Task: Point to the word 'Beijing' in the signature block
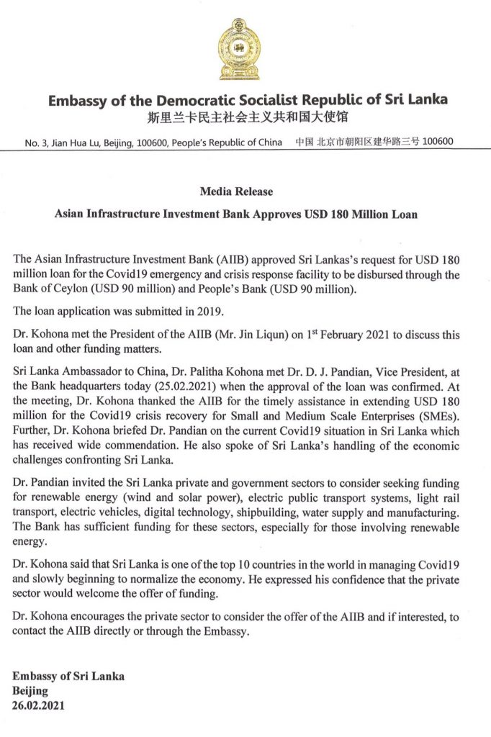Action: coord(30,690)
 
